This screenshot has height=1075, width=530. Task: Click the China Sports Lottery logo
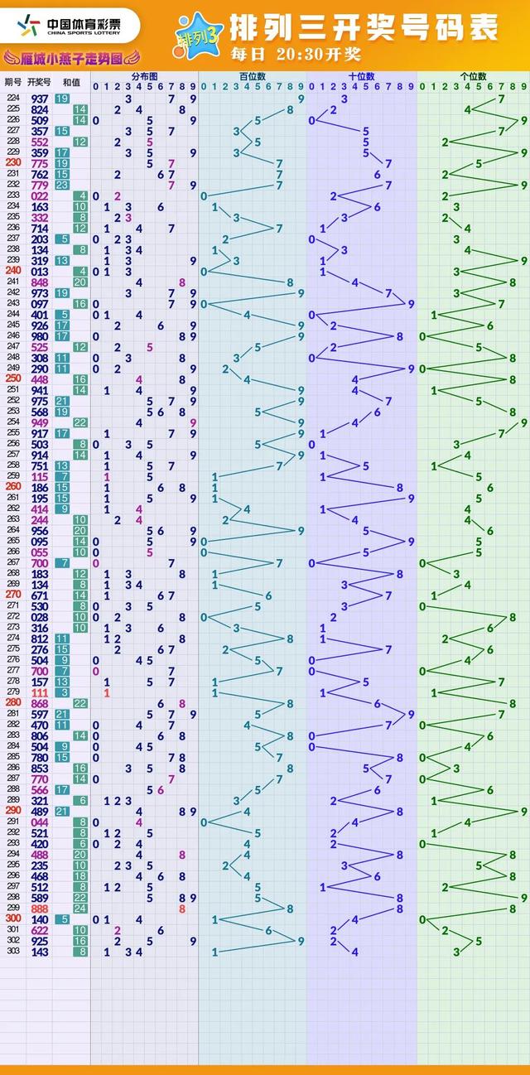click(70, 27)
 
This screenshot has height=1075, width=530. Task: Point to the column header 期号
click(13, 81)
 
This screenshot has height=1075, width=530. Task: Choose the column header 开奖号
click(39, 81)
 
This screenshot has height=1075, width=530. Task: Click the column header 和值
click(71, 81)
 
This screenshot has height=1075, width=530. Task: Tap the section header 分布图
click(144, 77)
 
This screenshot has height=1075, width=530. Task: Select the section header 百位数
click(252, 77)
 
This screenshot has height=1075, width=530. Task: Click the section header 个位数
click(473, 77)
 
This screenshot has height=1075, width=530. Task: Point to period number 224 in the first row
click(13, 99)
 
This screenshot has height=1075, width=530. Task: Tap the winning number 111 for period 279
click(39, 692)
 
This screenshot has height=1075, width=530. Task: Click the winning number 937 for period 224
click(39, 99)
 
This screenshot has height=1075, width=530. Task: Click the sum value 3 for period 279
click(63, 692)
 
